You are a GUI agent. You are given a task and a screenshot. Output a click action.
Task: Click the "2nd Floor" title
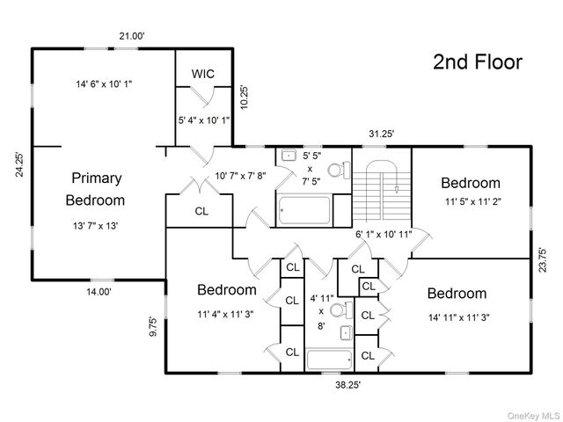[x=478, y=62]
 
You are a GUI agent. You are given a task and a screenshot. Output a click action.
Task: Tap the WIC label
[x=203, y=74]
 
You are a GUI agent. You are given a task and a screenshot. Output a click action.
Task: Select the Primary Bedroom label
[x=96, y=189]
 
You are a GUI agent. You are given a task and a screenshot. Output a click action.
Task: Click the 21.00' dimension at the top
[x=132, y=36]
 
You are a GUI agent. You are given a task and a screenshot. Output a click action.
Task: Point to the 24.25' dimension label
[x=19, y=164]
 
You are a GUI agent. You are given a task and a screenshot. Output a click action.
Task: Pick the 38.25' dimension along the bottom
[x=348, y=385]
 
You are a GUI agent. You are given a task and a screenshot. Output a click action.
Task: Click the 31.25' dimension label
[x=382, y=134]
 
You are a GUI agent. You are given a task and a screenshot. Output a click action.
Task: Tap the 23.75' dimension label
[x=543, y=260]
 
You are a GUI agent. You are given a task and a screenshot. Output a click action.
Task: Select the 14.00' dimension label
[x=99, y=292]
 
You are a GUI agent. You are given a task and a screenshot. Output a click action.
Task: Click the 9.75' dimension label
[x=153, y=326]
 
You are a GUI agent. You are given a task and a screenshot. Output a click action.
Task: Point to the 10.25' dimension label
[x=245, y=98]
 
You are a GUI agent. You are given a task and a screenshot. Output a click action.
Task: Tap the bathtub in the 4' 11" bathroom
[x=329, y=360]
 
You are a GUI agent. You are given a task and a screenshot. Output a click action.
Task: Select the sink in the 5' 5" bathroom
[x=289, y=156]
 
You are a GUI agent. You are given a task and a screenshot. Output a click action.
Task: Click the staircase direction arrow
[x=397, y=189]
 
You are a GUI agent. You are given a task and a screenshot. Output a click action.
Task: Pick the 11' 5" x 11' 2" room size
[x=473, y=201]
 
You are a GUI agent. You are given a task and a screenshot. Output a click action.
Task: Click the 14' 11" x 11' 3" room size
[x=459, y=317]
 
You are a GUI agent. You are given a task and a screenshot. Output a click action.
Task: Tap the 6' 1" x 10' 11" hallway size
[x=384, y=235]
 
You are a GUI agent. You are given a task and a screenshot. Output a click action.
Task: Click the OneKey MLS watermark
[x=533, y=416]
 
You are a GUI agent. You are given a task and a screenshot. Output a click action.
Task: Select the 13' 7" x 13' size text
[x=96, y=226]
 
